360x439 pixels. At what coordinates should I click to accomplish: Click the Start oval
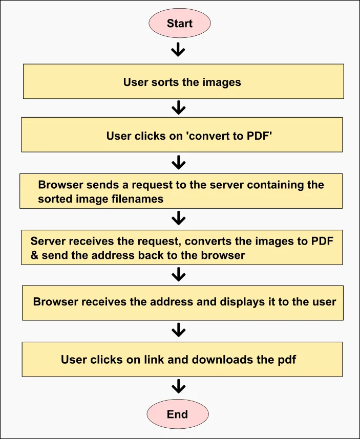179,24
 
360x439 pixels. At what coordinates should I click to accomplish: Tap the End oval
177,414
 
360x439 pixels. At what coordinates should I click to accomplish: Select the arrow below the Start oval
178,49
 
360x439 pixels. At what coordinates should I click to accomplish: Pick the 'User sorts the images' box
183,81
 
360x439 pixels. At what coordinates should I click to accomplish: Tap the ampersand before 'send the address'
34,255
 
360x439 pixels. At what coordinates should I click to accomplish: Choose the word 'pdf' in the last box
287,359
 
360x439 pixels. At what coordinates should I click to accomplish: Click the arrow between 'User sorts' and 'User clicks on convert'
178,107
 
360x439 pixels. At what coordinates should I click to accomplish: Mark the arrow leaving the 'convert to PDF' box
178,163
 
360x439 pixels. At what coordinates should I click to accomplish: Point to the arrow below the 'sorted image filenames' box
178,218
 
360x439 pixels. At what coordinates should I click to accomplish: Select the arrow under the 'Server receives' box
178,275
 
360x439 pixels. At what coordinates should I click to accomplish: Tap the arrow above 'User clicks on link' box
178,330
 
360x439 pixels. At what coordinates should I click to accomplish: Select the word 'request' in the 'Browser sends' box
155,185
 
